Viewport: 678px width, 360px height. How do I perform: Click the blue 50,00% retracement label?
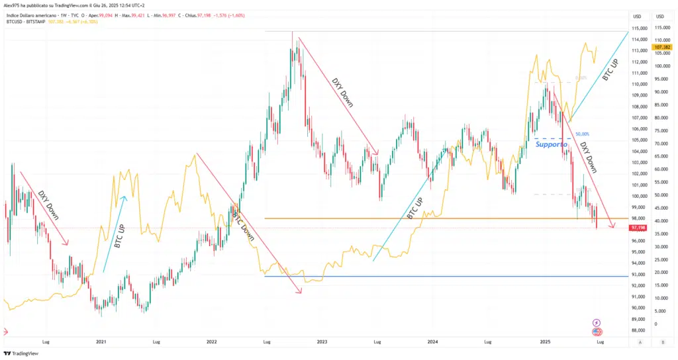click(582, 134)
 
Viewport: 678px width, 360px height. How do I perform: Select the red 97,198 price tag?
click(638, 228)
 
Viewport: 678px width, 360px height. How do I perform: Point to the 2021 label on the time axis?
click(101, 342)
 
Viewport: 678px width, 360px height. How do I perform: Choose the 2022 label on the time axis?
click(211, 342)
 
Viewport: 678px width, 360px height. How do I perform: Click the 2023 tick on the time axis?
click(322, 342)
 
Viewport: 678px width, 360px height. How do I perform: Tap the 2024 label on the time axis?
click(432, 342)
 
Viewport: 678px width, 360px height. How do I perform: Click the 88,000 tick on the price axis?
click(638, 330)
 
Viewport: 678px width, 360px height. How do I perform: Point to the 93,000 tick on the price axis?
click(638, 274)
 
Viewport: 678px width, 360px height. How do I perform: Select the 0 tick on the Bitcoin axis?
click(655, 324)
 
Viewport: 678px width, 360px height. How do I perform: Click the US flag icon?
click(597, 332)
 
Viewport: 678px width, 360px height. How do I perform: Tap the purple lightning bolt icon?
click(597, 322)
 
